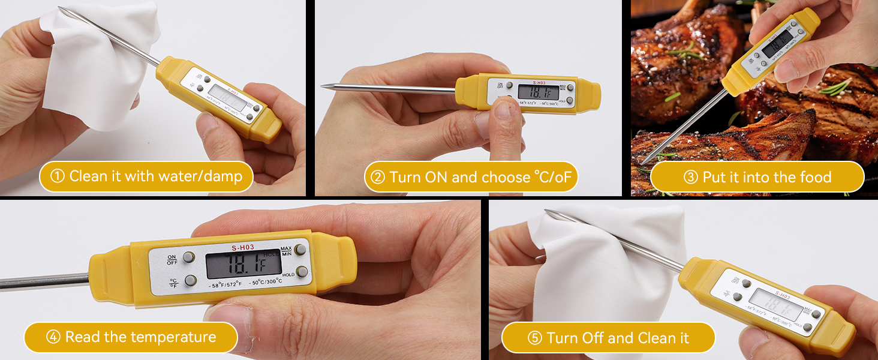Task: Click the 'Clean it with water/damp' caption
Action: [146, 176]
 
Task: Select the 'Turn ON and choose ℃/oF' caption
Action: [471, 177]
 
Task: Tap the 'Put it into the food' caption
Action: [757, 177]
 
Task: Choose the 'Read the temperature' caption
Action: [131, 337]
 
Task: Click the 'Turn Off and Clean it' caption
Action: [608, 338]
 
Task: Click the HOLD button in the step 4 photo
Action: [302, 272]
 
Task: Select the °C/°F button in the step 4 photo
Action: [190, 280]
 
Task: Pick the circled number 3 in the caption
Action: [674, 178]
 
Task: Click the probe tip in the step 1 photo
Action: [61, 8]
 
